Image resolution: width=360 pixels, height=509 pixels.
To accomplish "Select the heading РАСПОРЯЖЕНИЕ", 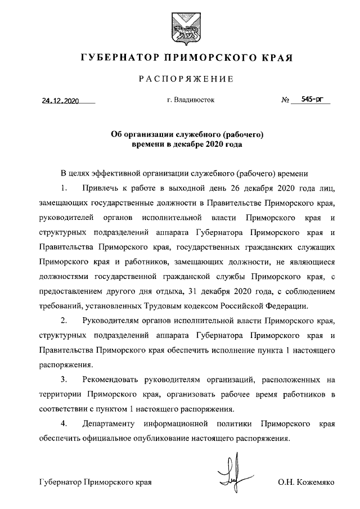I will coord(180,79).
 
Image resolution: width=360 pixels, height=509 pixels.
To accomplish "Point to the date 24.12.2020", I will coord(60,102).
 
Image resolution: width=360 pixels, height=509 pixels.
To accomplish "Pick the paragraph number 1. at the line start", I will coord(65,187).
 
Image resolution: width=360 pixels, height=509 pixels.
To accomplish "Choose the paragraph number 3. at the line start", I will coord(65,380).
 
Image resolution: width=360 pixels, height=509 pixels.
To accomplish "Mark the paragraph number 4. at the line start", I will coord(65,424).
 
